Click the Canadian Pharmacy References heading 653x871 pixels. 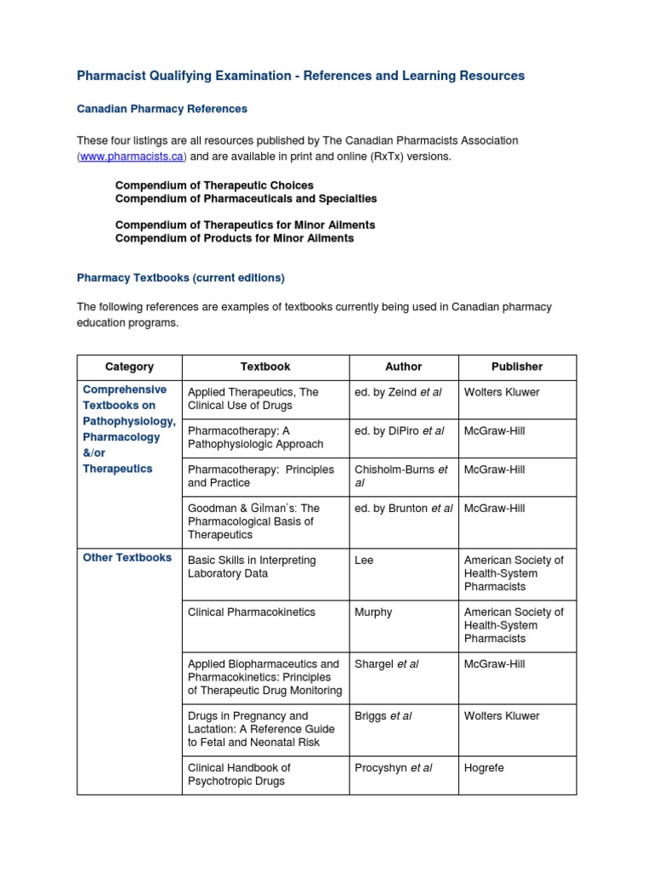click(x=162, y=109)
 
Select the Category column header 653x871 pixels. click(x=129, y=367)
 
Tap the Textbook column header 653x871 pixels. click(x=265, y=367)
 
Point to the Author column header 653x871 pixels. click(x=403, y=367)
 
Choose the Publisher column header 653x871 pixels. click(x=517, y=367)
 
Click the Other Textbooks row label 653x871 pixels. click(x=128, y=558)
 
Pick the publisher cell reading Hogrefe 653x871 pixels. click(x=484, y=768)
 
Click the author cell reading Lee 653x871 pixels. click(x=364, y=561)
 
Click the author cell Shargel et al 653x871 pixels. click(x=386, y=664)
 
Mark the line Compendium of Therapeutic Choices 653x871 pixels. click(x=214, y=185)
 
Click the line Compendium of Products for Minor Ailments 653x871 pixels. click(x=235, y=238)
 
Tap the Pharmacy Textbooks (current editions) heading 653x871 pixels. click(x=181, y=277)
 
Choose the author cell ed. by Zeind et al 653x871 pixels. click(x=398, y=392)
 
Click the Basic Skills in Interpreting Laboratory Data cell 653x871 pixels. click(x=251, y=567)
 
